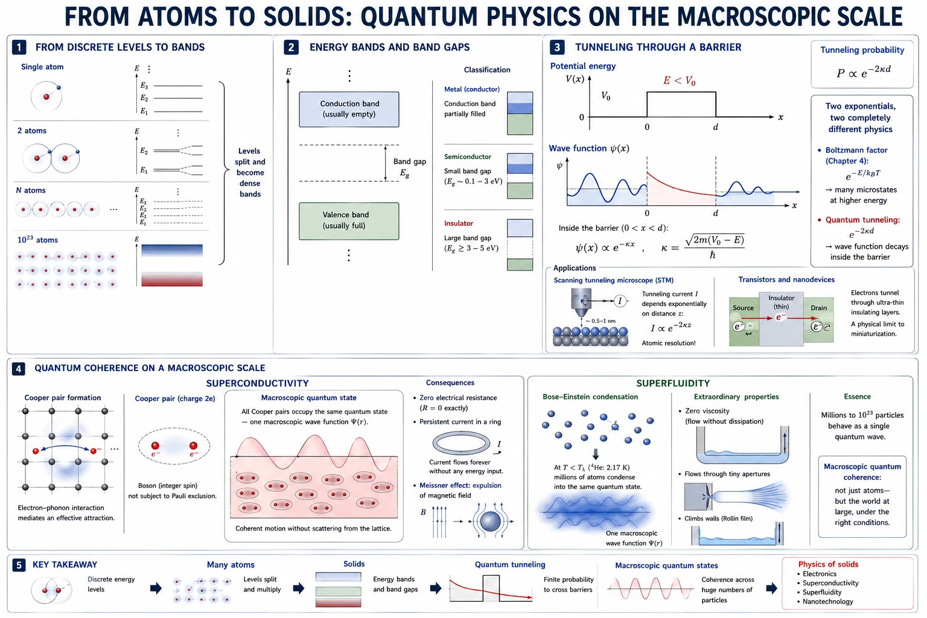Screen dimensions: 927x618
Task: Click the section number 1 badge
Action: [19, 47]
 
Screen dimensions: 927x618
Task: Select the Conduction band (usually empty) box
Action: [349, 109]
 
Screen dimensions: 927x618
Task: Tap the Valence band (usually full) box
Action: [349, 221]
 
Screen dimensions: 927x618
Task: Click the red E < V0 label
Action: [679, 81]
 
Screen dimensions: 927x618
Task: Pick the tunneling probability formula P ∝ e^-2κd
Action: [863, 72]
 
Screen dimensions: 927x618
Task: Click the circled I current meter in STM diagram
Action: [620, 301]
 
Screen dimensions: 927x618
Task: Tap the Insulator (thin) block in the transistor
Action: [781, 319]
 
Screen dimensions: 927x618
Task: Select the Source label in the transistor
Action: [744, 308]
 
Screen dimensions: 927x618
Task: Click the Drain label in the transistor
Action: [818, 308]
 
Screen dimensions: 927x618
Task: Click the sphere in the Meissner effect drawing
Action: [491, 521]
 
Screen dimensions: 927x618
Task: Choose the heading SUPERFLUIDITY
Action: [673, 383]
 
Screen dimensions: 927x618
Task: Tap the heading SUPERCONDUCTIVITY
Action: [258, 383]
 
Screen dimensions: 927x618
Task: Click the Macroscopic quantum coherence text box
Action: [862, 497]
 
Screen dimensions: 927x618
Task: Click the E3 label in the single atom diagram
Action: [144, 86]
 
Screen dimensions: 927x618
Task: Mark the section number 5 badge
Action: [19, 565]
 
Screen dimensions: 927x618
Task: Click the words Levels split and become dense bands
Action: [250, 173]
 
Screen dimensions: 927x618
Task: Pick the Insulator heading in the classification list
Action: [459, 223]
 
